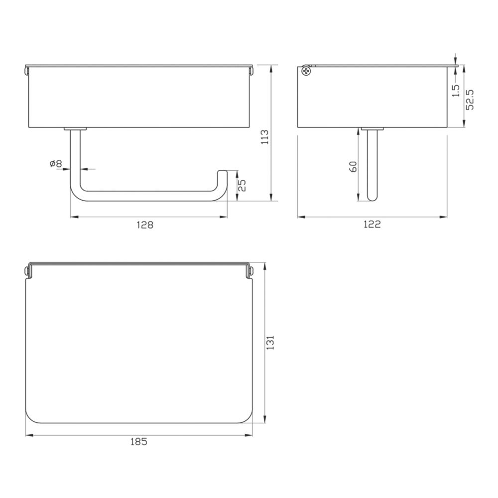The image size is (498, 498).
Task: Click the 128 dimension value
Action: tap(145, 225)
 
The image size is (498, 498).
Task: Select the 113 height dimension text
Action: tap(264, 137)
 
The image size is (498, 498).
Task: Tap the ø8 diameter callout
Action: tap(56, 164)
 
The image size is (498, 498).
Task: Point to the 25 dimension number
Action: tap(242, 186)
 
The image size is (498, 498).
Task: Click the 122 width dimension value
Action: tap(372, 224)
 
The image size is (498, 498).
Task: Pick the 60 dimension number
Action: tap(353, 167)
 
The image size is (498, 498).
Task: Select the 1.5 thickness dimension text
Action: tap(456, 91)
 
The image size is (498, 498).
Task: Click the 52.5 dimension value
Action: tap(470, 100)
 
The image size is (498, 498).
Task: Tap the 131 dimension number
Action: tap(270, 343)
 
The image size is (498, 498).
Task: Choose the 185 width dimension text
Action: tap(139, 442)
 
